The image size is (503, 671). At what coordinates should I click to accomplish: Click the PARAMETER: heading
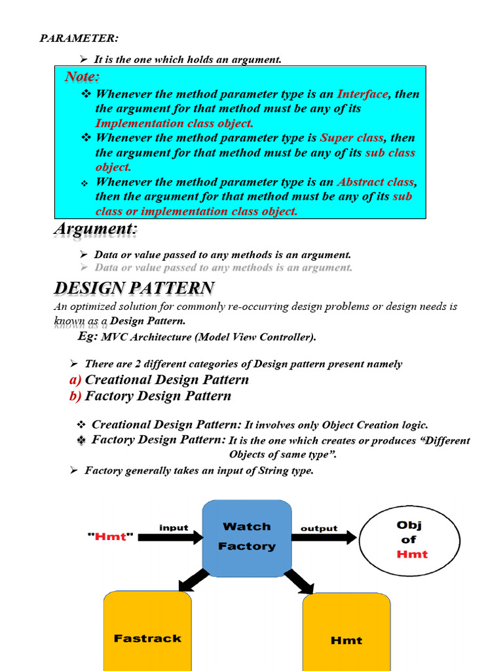tap(79, 38)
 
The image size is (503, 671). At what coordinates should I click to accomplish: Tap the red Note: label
tap(83, 77)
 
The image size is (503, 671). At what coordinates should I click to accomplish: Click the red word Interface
tap(362, 94)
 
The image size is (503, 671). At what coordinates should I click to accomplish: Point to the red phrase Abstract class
tap(375, 182)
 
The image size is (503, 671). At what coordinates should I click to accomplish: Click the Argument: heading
tap(96, 230)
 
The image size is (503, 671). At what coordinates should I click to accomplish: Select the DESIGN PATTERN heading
tap(134, 288)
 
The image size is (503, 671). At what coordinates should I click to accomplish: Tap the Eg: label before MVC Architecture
tap(88, 336)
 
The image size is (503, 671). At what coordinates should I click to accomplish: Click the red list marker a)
tap(75, 380)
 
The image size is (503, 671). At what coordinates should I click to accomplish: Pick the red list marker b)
tap(75, 396)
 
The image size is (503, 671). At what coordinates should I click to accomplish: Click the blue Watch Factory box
tap(247, 537)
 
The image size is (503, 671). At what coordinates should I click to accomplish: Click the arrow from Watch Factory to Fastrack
tap(193, 579)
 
